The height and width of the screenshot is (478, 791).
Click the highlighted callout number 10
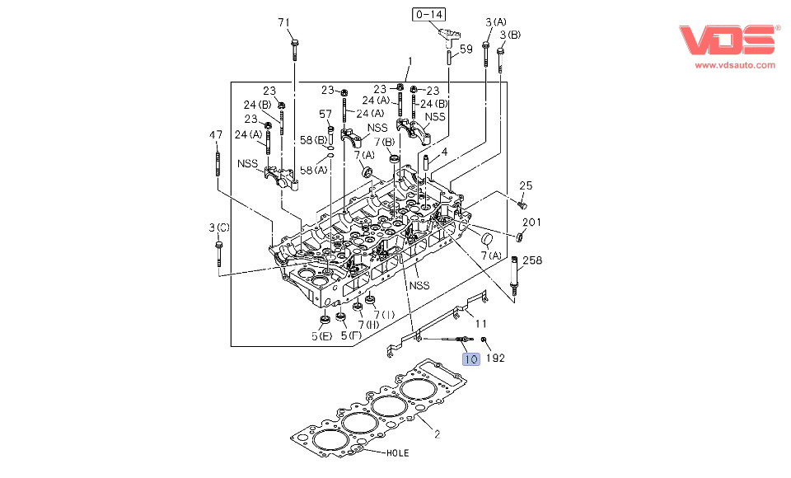(470, 358)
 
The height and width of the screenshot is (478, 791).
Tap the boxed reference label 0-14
(429, 14)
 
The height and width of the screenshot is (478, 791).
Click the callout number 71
(284, 22)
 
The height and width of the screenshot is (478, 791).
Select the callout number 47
(216, 135)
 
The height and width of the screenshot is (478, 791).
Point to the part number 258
(532, 260)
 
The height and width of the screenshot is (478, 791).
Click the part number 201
(532, 223)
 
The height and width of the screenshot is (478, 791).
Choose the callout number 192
(494, 358)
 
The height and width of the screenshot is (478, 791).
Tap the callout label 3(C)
(218, 227)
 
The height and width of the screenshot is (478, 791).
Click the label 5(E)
(322, 336)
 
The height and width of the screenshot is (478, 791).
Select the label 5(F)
(350, 336)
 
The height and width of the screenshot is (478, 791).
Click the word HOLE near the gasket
(397, 453)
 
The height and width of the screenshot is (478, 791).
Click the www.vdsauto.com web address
(735, 64)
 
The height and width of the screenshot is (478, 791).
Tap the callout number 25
(526, 185)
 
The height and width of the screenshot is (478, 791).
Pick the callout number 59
(466, 49)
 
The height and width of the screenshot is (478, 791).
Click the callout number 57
(325, 115)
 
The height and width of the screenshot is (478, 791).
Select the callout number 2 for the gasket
(437, 433)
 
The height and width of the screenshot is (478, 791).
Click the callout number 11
(481, 324)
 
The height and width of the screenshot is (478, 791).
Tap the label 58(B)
(312, 141)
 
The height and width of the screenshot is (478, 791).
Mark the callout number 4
(444, 152)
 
